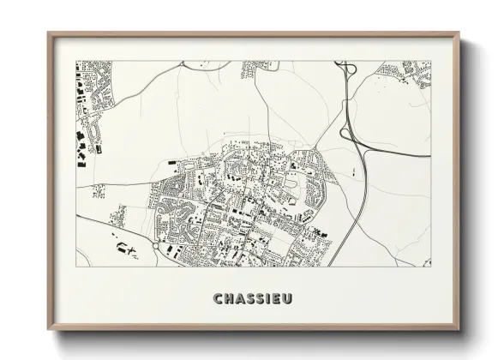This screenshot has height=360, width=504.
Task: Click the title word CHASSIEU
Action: (252, 298)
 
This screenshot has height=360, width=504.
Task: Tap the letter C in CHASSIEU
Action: (216, 298)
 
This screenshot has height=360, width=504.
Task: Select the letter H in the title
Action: (226, 298)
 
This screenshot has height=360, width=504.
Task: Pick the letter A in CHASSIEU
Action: (237, 298)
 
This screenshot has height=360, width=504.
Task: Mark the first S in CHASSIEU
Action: (248, 298)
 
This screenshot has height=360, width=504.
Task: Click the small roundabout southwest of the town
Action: (155, 245)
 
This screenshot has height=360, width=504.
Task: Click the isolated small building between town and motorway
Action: (352, 172)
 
